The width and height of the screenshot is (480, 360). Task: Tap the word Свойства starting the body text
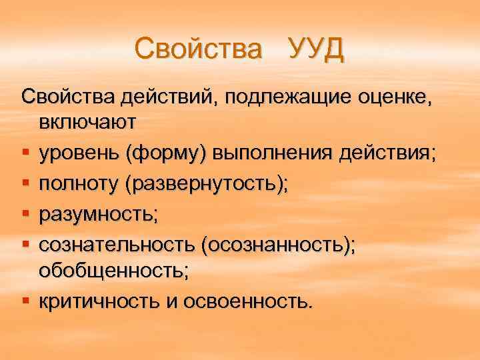69,99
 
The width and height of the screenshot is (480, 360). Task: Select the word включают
87,123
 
